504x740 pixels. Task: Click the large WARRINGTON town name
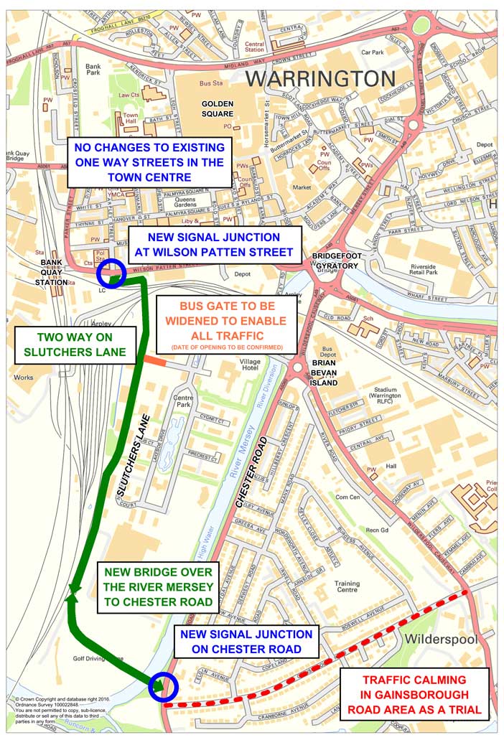[320, 78]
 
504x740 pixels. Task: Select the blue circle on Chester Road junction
[162, 686]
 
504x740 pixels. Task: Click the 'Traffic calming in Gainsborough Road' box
[414, 695]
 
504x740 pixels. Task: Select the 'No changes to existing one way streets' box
[149, 163]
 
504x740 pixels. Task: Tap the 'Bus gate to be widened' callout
[226, 324]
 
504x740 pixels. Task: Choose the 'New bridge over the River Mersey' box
[158, 587]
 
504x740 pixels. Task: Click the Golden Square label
[217, 108]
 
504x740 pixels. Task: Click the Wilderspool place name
[437, 639]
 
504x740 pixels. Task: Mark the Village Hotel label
[251, 366]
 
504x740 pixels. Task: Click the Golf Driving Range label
[98, 657]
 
